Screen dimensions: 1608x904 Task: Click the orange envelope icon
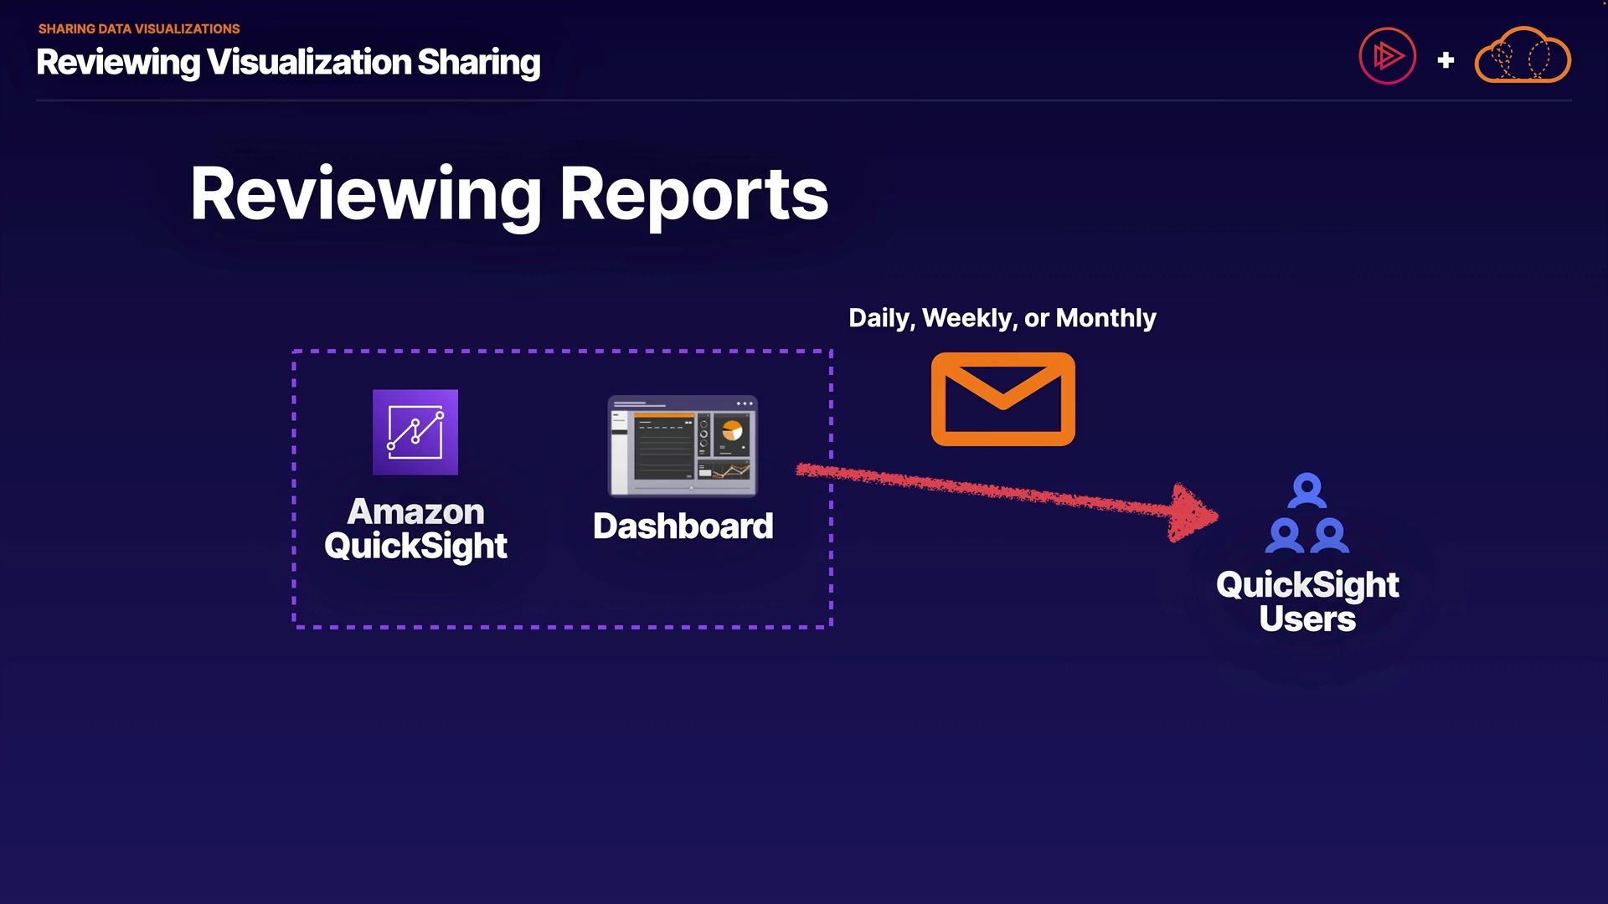click(x=1002, y=399)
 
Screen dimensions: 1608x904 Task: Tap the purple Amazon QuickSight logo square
click(x=415, y=432)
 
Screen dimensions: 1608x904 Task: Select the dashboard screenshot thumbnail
click(x=683, y=445)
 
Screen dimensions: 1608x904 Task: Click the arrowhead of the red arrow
click(x=1193, y=513)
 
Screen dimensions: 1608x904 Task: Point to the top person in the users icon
click(x=1307, y=491)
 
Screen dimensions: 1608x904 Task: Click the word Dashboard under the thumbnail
click(x=683, y=526)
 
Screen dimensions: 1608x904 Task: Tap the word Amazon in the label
click(x=415, y=511)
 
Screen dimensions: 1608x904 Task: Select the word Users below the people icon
click(x=1307, y=619)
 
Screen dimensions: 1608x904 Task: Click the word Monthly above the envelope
click(x=1105, y=319)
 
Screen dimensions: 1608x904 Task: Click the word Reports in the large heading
click(x=694, y=195)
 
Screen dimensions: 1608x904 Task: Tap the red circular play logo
click(x=1387, y=56)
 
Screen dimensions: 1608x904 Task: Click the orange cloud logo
click(x=1523, y=55)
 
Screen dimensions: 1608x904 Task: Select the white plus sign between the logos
click(x=1446, y=60)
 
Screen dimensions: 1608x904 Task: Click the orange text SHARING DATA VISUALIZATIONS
click(x=139, y=28)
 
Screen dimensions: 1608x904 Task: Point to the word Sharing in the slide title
click(x=479, y=63)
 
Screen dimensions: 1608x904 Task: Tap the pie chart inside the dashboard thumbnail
click(x=732, y=430)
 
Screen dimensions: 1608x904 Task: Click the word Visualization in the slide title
click(x=309, y=62)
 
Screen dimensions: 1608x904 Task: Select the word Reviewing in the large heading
click(x=366, y=195)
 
